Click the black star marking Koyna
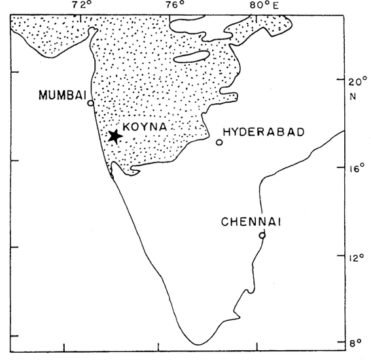115,136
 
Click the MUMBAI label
62,96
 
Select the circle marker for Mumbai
91,103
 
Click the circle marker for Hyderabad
219,142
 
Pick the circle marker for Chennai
262,235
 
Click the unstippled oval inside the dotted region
192,58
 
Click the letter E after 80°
274,6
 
